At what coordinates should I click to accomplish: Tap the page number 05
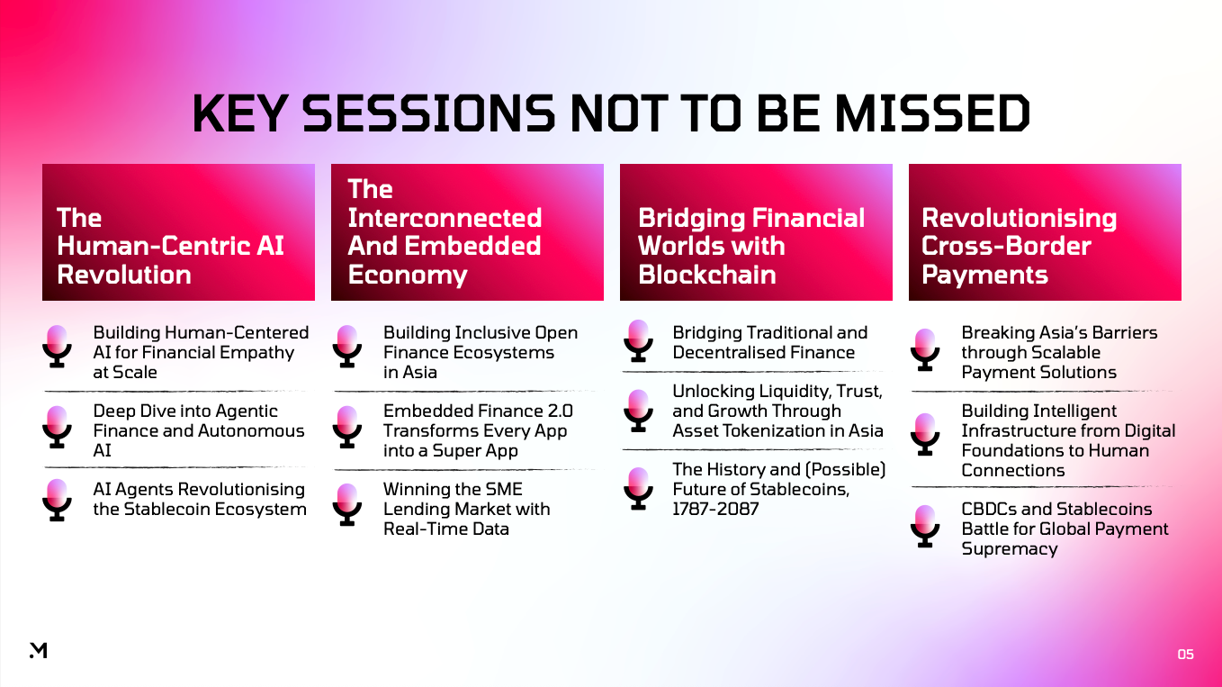1185,655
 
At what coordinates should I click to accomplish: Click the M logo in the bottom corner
38,650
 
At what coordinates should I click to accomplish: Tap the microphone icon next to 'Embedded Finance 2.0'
346,425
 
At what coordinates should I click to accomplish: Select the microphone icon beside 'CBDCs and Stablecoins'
924,524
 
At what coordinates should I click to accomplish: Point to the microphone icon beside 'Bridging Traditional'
637,340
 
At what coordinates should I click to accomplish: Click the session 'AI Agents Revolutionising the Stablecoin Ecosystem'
199,500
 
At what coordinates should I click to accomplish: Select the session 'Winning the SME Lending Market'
466,509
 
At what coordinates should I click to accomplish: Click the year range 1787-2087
715,510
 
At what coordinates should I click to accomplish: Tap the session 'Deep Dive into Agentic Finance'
199,430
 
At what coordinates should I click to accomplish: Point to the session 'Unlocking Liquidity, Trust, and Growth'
777,411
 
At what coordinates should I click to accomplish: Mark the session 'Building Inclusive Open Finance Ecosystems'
480,352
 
